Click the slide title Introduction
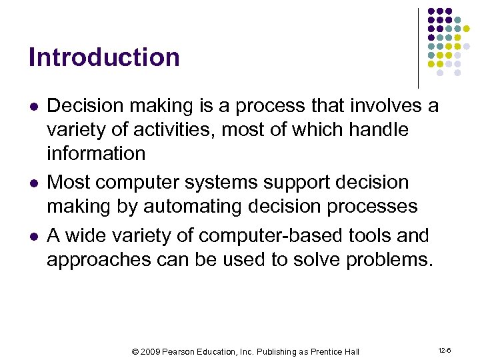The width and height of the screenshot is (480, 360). (104, 57)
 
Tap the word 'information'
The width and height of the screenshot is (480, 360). (96, 153)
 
